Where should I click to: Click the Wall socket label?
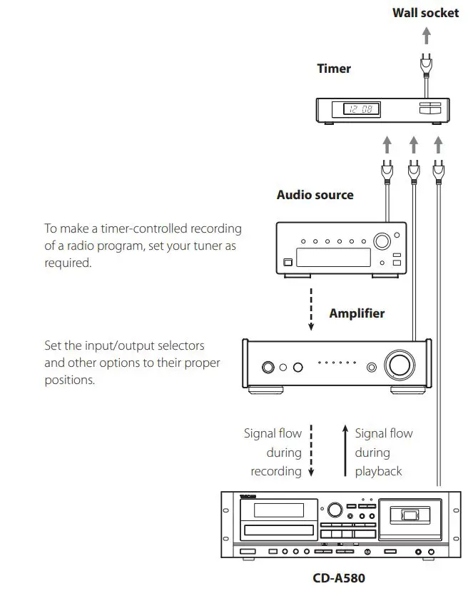pos(425,12)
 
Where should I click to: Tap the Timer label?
pos(334,69)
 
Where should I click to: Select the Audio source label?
pos(315,194)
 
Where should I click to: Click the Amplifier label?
pos(357,313)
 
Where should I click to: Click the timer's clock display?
pos(361,109)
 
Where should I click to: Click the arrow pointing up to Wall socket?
pos(426,36)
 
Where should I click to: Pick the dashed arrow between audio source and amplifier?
pos(311,309)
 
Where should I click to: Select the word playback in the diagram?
pos(379,471)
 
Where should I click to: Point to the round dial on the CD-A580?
pos(333,510)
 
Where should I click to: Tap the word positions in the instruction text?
pos(70,380)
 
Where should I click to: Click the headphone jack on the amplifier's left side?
pos(268,368)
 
